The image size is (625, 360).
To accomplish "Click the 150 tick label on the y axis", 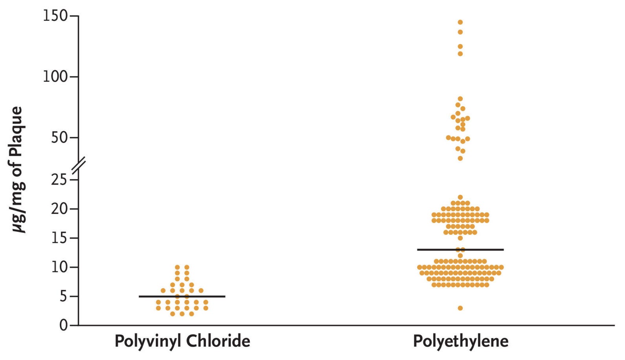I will (x=55, y=16).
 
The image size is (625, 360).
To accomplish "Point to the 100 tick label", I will (x=55, y=77).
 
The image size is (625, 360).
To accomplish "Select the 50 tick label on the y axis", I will (x=59, y=138).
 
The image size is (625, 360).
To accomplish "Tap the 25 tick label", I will (x=59, y=180).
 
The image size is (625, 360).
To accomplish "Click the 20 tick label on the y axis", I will (x=59, y=209).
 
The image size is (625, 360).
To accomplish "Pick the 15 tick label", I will (x=59, y=238).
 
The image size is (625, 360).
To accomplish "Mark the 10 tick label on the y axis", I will (x=59, y=267).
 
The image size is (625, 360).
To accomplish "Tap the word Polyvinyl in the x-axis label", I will (x=146, y=341).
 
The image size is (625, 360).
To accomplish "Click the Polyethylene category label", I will (x=460, y=341).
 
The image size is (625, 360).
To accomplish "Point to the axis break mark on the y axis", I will (x=79, y=164).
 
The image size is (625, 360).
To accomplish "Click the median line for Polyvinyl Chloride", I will (x=182, y=296).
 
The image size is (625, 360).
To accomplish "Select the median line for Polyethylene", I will (x=460, y=250).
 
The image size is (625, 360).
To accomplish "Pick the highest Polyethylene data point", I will (x=460, y=22).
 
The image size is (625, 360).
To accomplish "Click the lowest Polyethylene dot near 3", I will (x=460, y=308).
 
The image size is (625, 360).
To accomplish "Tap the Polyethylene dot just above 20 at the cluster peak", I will (x=460, y=197).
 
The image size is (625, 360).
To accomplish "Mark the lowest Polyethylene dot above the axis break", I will (x=460, y=158).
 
